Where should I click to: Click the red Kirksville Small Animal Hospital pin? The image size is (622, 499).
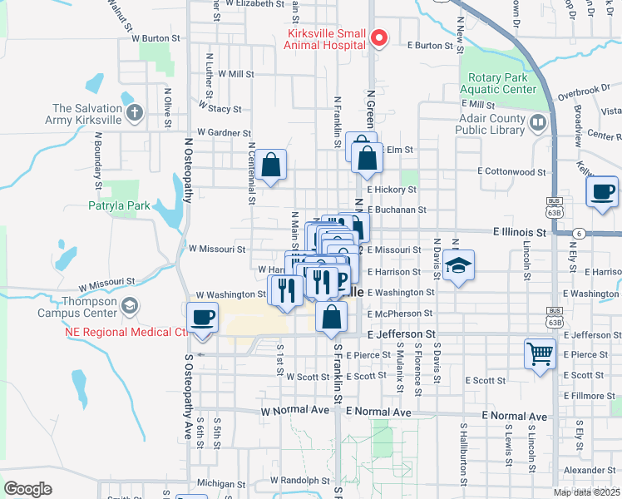379,38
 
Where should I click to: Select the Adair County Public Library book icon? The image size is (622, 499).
538,124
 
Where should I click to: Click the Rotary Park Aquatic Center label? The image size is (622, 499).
496,83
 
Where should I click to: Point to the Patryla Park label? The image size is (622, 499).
119,205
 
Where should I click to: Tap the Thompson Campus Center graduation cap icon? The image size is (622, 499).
129,307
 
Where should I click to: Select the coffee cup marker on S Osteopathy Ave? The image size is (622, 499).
203,319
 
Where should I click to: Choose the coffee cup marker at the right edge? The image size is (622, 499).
601,192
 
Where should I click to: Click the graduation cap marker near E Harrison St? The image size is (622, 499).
457,266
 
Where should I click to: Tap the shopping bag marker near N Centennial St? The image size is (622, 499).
271,165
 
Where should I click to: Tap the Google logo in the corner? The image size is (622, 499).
27,489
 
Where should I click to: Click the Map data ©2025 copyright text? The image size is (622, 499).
586,492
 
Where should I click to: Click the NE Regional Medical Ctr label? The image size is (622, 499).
125,333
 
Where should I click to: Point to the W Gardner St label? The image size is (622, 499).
224,132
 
